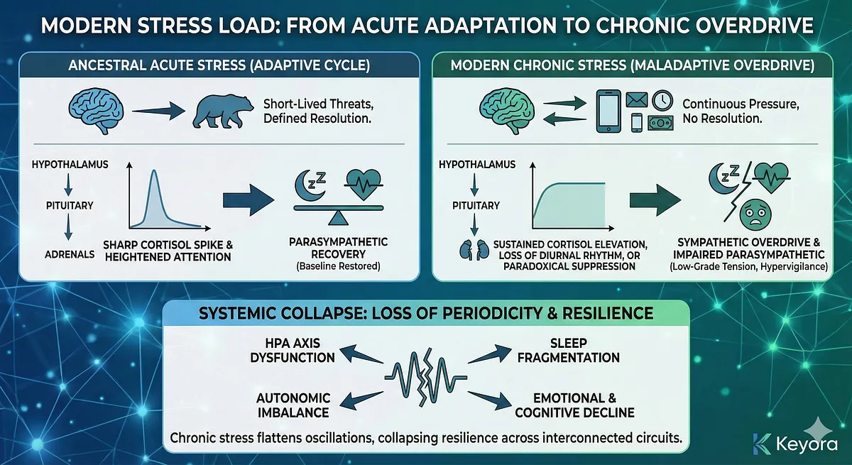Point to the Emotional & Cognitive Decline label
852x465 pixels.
584,405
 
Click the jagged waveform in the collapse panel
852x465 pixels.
425,376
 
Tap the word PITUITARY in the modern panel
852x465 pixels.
475,206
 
